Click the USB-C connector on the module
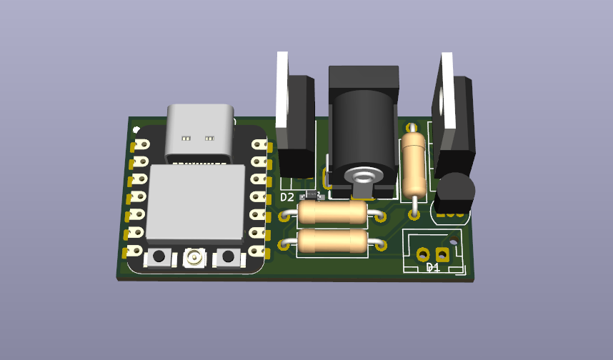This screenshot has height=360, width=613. coord(200,133)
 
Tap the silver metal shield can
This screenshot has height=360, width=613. coord(196,202)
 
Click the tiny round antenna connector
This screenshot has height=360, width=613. coord(194,257)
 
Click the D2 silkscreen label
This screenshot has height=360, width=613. coord(287,197)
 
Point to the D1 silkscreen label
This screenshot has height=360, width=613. coord(433,267)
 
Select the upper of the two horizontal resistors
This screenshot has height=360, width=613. coord(332,213)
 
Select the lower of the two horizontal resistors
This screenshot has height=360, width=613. coord(332,241)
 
